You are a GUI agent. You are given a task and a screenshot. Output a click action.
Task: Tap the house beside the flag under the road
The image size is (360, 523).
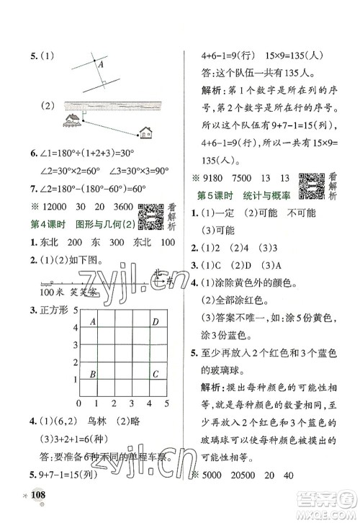pos(73,120)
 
